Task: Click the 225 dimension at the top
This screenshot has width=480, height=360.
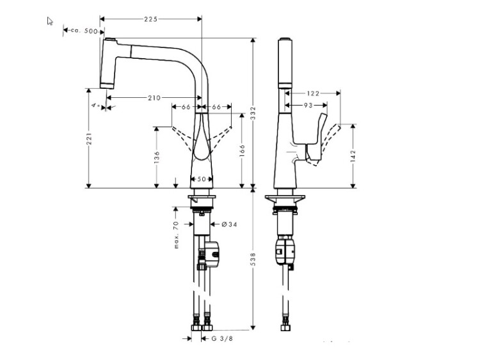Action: pos(151,19)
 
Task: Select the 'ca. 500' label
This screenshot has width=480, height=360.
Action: pos(83,31)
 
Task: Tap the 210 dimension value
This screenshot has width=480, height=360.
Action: pos(154,98)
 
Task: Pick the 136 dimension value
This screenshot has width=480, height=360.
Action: pos(157,157)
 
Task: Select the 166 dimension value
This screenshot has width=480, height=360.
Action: pos(242,151)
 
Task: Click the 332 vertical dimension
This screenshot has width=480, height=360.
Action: pos(253,114)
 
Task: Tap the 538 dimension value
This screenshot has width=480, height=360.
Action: pos(253,258)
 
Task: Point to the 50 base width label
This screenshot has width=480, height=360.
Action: pos(202,180)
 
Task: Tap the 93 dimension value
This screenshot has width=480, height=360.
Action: pos(308,104)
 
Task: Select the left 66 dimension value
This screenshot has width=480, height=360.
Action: pos(186,107)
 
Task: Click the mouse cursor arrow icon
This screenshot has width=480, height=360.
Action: pos(50,21)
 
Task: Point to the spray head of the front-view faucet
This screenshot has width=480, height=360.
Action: pos(109,63)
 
